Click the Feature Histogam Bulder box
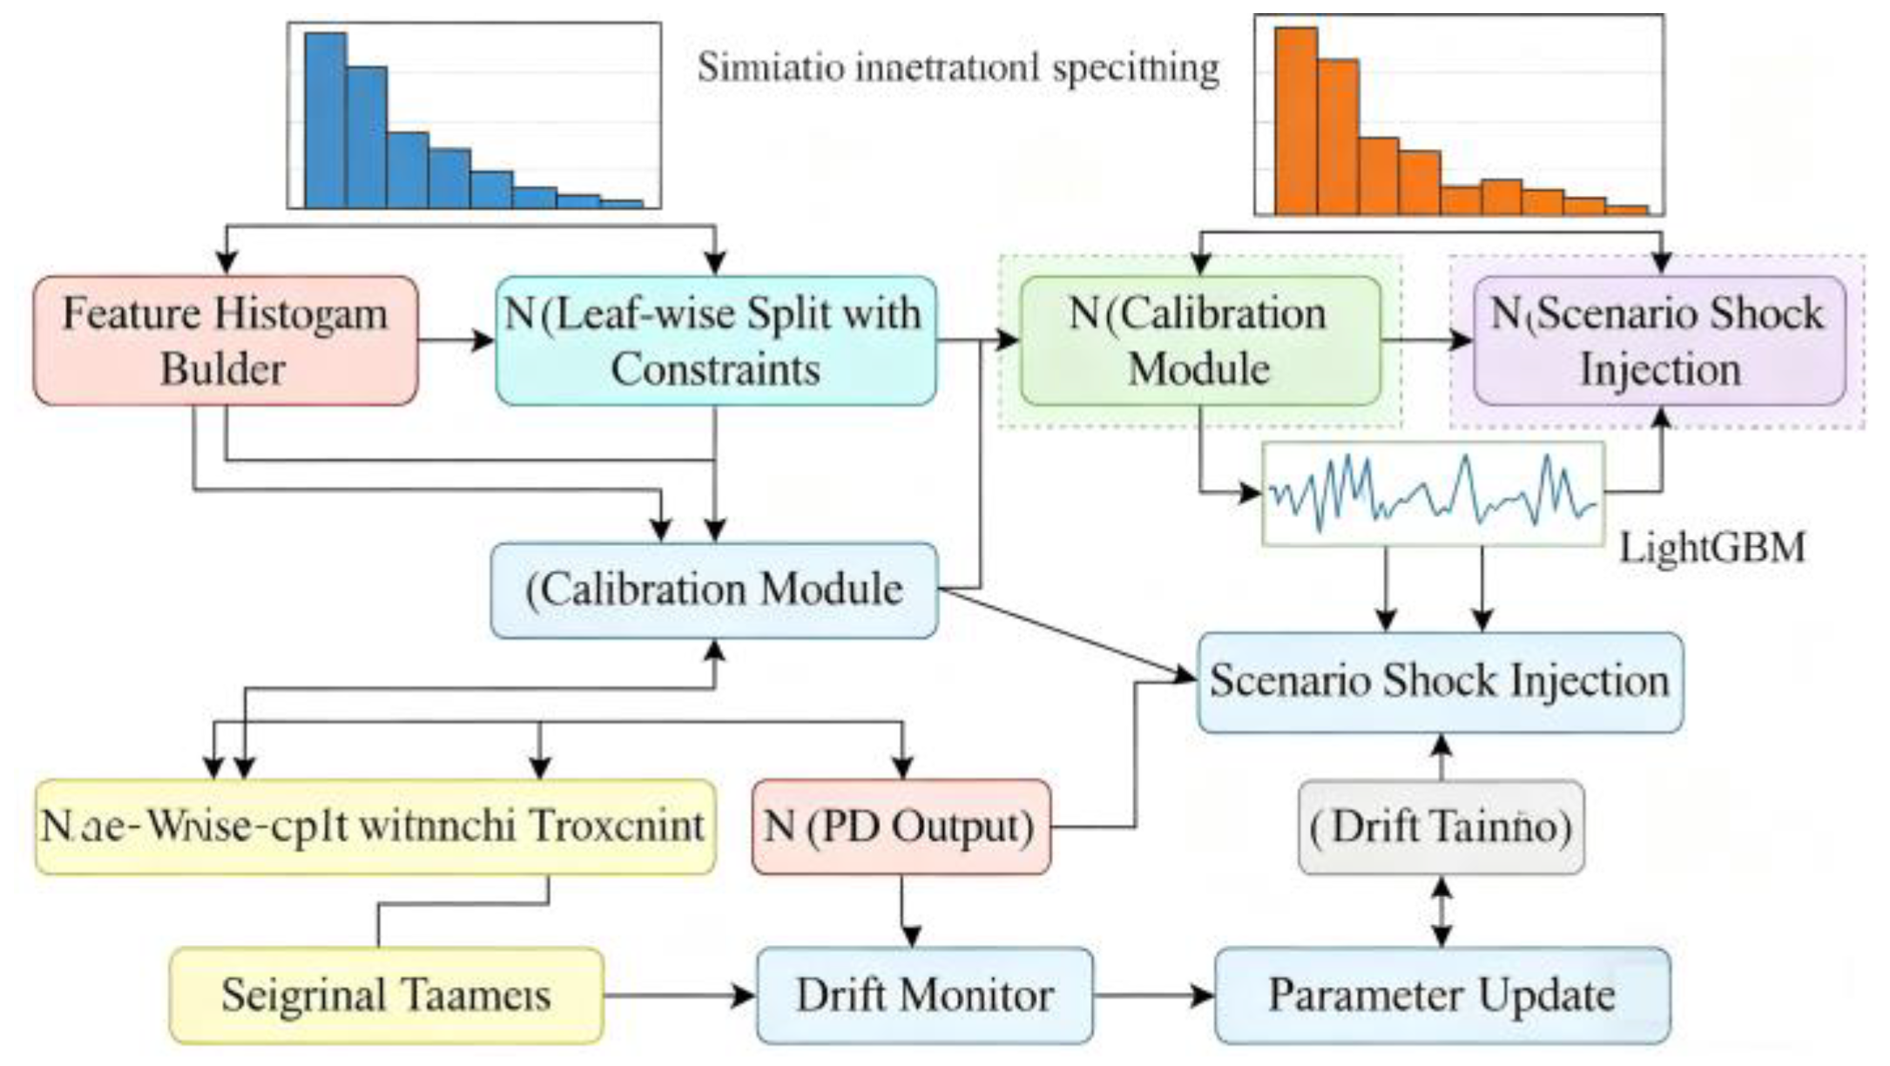[x=225, y=341]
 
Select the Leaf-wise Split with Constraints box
[x=715, y=341]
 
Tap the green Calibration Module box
[x=1199, y=341]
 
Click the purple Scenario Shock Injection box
[x=1658, y=341]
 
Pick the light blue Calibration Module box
[x=714, y=590]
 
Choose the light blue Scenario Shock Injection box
[x=1440, y=682]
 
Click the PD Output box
[x=901, y=826]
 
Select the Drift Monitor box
[x=924, y=995]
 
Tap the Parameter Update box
[x=1441, y=995]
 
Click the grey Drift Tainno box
[x=1441, y=826]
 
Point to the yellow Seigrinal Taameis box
[x=386, y=995]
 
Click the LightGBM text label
[x=1711, y=548]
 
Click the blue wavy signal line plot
[x=1433, y=494]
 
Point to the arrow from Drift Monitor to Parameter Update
[x=1153, y=995]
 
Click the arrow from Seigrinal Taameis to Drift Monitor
[x=679, y=995]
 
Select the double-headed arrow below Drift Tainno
[x=1441, y=912]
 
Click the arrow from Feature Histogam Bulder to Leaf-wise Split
[x=456, y=341]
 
